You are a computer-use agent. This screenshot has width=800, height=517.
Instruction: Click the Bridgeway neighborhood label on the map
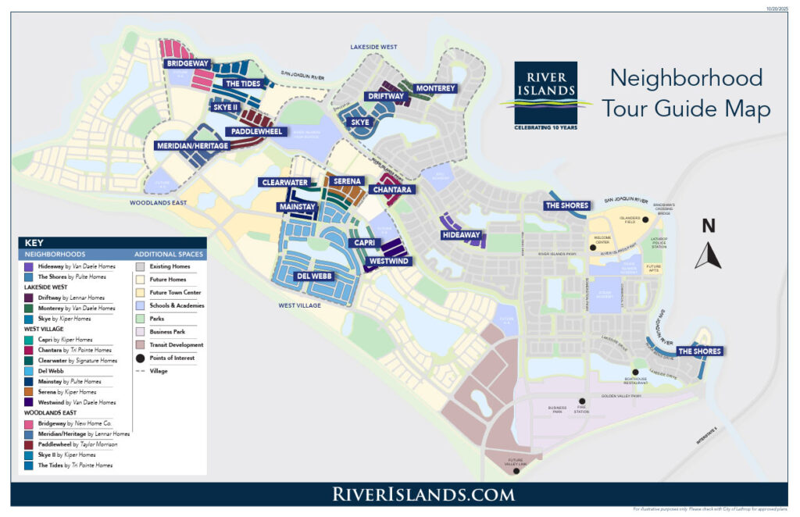(187, 62)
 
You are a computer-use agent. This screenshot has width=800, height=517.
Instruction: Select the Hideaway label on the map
(461, 234)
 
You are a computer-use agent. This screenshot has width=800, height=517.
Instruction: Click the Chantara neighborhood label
(391, 190)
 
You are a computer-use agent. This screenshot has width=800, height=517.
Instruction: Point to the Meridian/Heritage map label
(192, 146)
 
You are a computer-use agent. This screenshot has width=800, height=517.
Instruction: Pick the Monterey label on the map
(435, 88)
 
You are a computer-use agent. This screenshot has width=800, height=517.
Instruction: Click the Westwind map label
(388, 261)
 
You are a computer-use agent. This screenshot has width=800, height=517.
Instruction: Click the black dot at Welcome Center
(594, 248)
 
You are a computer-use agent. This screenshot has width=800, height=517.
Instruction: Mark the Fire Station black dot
(582, 401)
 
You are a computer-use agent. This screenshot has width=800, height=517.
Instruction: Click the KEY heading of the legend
(34, 243)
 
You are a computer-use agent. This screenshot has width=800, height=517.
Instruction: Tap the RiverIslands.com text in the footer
(423, 494)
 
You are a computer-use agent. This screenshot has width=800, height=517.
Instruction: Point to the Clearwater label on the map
(285, 182)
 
